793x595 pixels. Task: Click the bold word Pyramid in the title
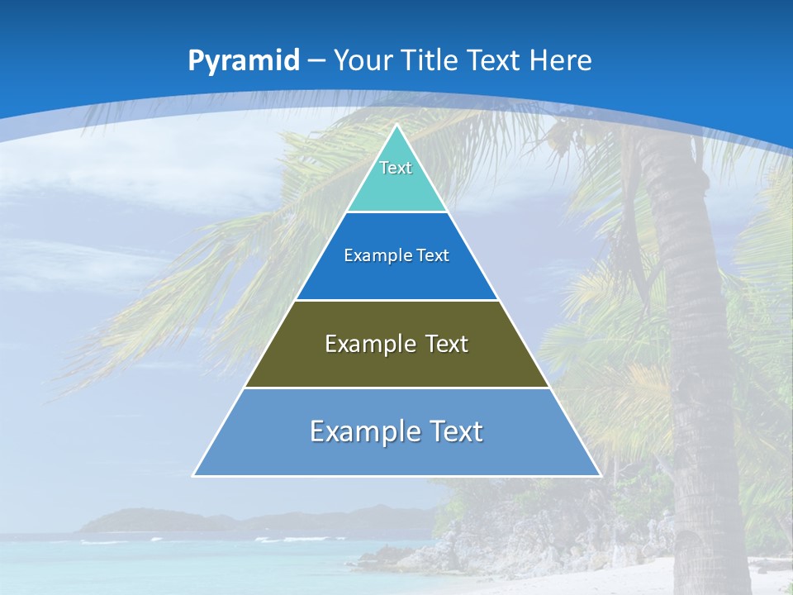point(244,61)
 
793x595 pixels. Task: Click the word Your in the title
point(363,60)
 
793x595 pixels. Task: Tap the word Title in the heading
point(430,60)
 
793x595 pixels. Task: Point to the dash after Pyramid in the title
point(316,61)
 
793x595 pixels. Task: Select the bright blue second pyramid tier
point(396,277)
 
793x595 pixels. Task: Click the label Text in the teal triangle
point(396,168)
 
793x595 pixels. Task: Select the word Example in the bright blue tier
point(370,255)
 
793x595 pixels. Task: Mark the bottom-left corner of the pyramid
point(194,475)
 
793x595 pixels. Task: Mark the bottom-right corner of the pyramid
point(600,475)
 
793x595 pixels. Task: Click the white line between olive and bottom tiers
point(396,388)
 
